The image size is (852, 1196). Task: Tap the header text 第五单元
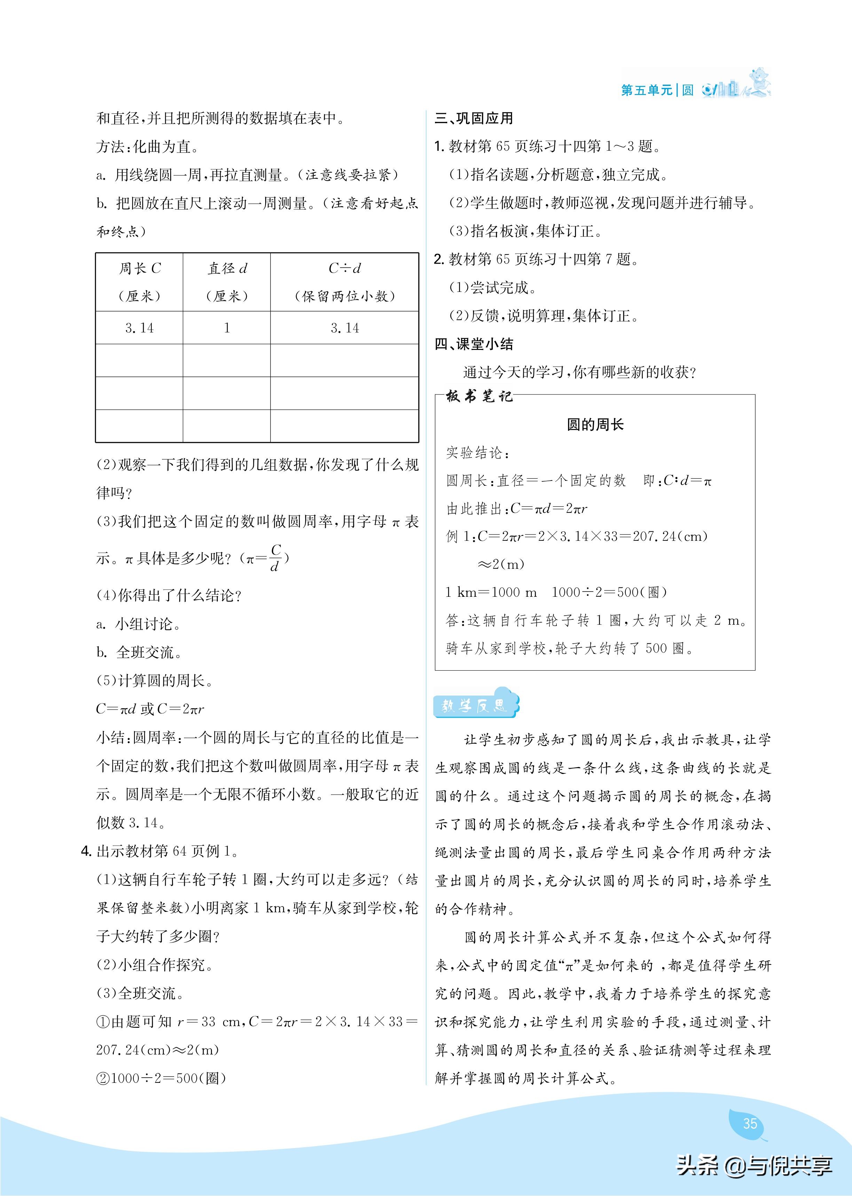(646, 90)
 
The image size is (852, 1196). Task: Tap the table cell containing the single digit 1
(227, 328)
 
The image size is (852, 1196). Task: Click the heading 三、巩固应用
(474, 119)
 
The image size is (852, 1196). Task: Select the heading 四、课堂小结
(474, 344)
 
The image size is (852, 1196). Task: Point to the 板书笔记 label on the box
(479, 396)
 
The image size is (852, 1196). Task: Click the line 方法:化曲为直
(148, 147)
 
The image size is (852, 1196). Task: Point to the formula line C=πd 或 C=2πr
(150, 709)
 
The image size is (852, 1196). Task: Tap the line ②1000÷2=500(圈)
(161, 1078)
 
